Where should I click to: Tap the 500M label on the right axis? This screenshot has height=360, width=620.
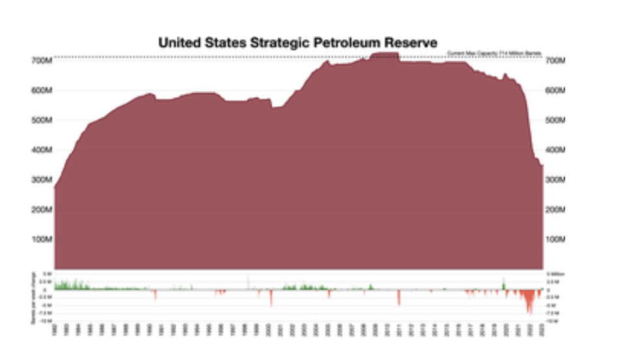pyautogui.click(x=555, y=121)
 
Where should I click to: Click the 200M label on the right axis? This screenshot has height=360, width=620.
pyautogui.click(x=555, y=210)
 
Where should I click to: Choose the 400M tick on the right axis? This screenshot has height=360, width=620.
pyautogui.click(x=555, y=150)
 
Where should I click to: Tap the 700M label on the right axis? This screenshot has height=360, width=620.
pyautogui.click(x=555, y=60)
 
